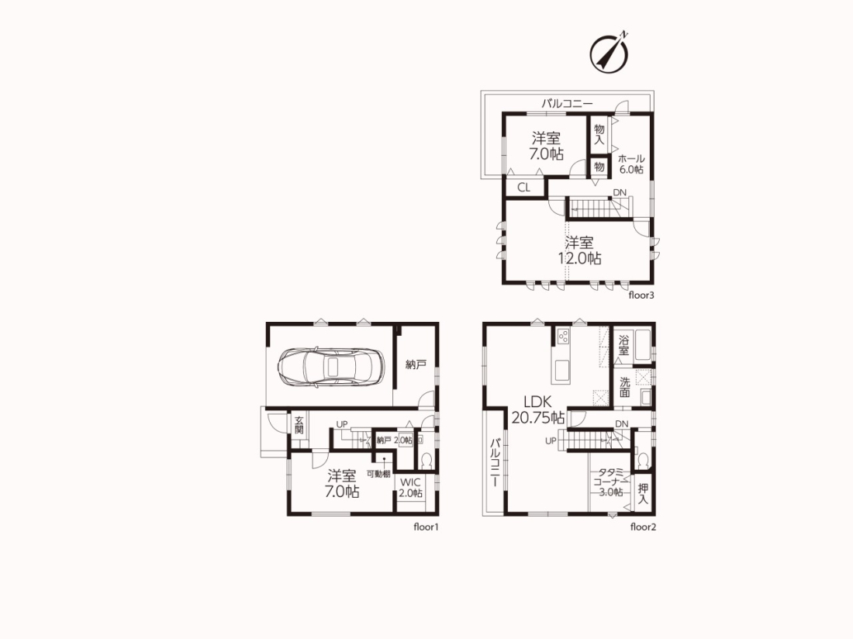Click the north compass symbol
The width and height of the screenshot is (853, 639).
point(610,54)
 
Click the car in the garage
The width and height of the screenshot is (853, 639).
point(331,367)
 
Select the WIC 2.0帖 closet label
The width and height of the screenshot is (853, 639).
point(410,488)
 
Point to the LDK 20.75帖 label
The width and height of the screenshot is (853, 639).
point(538,409)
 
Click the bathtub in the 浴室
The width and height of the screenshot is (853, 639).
point(643,344)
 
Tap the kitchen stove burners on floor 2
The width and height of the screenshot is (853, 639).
point(562,336)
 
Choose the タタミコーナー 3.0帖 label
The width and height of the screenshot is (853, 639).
point(610,482)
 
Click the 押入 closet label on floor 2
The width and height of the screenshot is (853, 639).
point(643,494)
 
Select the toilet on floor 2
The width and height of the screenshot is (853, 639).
point(643,461)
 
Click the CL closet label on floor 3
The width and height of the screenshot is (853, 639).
point(524,188)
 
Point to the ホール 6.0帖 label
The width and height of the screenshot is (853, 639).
point(631,164)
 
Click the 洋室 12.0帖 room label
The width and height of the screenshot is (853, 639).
point(580,250)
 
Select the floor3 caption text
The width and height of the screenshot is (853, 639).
point(641,295)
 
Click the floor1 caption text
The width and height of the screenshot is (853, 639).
point(426,527)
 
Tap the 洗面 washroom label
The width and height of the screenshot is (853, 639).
point(624,386)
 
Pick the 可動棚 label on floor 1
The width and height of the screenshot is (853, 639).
point(378,474)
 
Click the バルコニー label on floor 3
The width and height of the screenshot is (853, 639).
point(567,103)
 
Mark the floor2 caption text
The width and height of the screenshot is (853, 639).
point(643,527)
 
